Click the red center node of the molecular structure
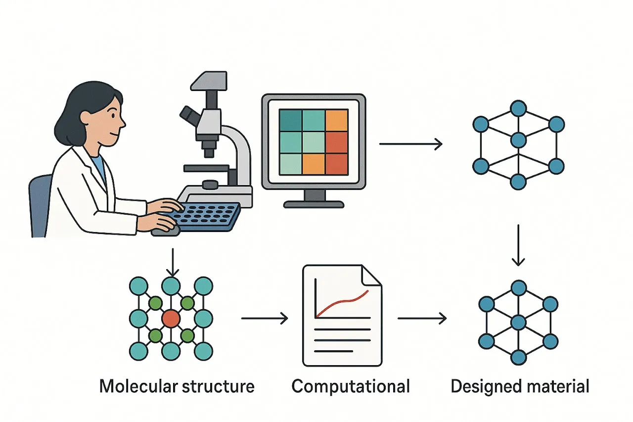click(x=171, y=318)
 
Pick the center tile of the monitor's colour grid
click(x=314, y=142)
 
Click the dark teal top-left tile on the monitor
click(x=290, y=120)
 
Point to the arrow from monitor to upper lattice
click(x=410, y=144)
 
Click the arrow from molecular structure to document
click(x=265, y=318)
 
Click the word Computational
click(x=351, y=386)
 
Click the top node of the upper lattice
click(x=518, y=107)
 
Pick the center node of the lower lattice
click(x=518, y=323)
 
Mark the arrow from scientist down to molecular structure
click(x=172, y=262)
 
